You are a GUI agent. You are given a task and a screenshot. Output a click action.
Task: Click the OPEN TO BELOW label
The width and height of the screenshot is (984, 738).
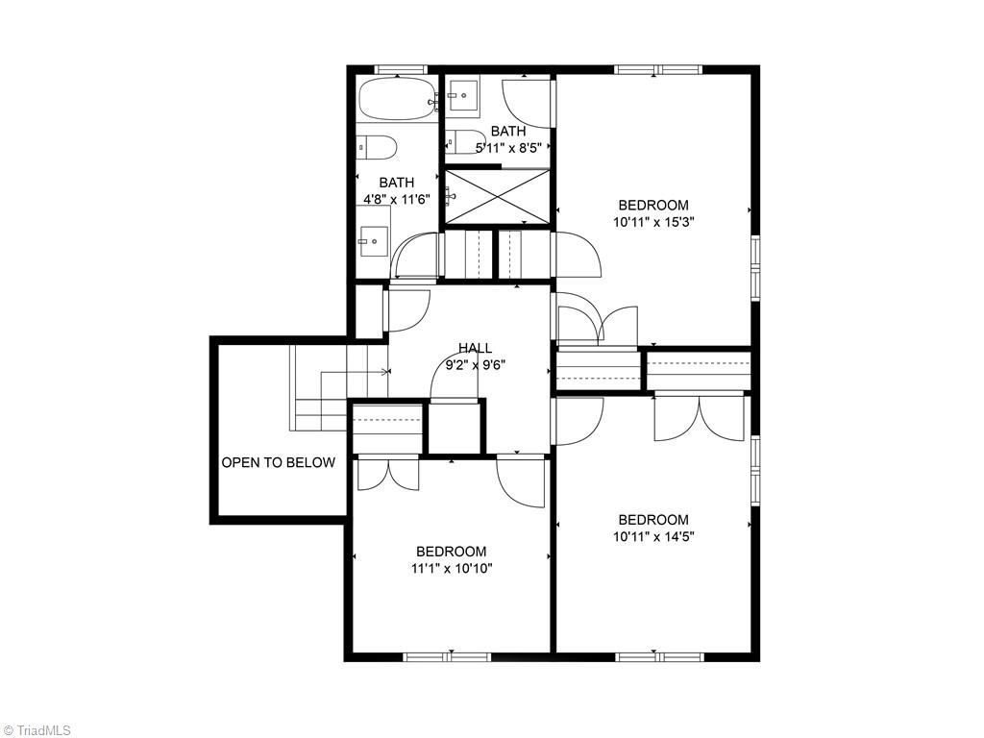[279, 462]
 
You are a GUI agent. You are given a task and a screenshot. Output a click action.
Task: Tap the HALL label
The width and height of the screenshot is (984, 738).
[475, 348]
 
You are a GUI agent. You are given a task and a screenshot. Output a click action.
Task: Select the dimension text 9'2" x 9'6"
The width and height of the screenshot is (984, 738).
[475, 364]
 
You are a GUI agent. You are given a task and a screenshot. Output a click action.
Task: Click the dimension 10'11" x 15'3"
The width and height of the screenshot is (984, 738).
[653, 221]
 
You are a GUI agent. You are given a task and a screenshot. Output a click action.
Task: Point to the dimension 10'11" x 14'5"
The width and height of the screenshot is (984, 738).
[653, 536]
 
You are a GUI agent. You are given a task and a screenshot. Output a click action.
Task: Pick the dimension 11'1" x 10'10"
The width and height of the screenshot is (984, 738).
[451, 568]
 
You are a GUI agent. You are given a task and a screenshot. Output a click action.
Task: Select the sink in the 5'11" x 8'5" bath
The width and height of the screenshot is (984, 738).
[464, 96]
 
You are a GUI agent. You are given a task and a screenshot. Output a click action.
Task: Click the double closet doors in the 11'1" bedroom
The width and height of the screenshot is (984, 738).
[387, 474]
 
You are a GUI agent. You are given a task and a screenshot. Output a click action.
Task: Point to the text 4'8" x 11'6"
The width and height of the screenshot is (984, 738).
[396, 199]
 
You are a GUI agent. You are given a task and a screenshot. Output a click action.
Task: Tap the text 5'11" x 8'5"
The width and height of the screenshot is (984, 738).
[509, 148]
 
